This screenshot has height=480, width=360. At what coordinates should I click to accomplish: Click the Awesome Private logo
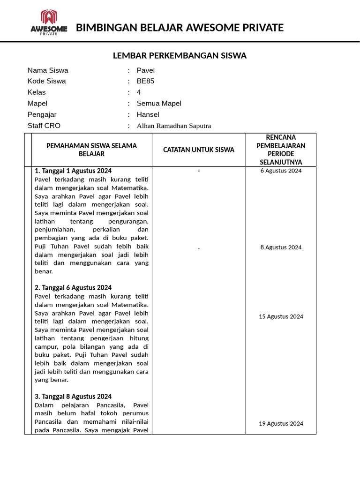[49, 22]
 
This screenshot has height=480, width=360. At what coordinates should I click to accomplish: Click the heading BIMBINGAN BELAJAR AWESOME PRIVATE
[180, 28]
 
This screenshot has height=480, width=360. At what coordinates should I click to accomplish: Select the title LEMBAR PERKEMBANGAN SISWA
[180, 56]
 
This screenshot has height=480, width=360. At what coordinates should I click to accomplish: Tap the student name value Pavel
[146, 70]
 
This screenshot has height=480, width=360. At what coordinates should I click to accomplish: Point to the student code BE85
[145, 81]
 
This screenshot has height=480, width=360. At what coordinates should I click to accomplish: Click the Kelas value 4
[139, 92]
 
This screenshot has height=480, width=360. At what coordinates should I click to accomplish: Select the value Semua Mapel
[159, 104]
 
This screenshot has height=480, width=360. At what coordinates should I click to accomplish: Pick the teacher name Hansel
[148, 114]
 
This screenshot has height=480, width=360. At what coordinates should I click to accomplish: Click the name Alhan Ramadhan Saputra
[174, 126]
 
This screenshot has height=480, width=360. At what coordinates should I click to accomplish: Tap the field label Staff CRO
[44, 126]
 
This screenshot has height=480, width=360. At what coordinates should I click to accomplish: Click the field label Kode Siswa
[47, 81]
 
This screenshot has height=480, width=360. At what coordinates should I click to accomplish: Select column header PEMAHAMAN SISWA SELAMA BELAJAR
[91, 150]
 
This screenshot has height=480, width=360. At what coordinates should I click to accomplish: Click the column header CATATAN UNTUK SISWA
[199, 150]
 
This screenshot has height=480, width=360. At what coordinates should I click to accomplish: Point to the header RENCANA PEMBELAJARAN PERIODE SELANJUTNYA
[281, 150]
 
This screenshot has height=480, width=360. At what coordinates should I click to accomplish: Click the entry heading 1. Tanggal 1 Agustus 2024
[73, 171]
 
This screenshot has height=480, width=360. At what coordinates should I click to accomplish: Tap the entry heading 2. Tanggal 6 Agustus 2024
[73, 287]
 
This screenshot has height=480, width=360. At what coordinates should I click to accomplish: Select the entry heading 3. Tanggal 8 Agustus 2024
[73, 396]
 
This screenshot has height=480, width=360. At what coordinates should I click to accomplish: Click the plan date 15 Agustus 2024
[281, 316]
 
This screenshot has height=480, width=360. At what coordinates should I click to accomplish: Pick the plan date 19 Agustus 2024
[281, 423]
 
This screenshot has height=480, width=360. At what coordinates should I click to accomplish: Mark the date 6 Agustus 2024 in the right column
[281, 171]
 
